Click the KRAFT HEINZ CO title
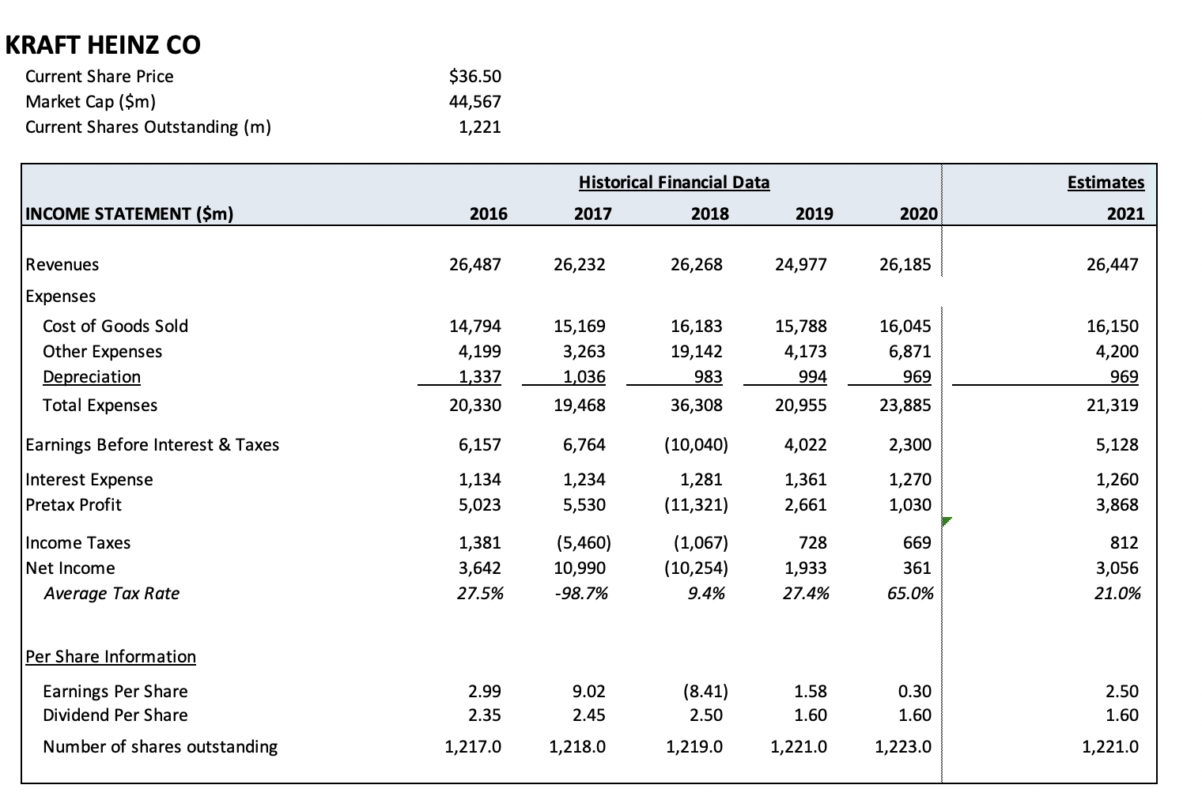(103, 45)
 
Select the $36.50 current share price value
(474, 76)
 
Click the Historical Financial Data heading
(674, 182)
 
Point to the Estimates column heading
(1106, 182)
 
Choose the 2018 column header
(709, 213)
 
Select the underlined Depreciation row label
(92, 376)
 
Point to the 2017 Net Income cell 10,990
(584, 568)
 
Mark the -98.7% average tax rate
(584, 593)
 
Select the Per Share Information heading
(111, 656)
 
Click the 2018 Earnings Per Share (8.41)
(704, 691)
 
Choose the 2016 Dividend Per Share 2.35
(485, 715)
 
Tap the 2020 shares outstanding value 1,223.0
(903, 746)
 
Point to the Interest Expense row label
(89, 479)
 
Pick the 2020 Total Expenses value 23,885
(905, 405)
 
